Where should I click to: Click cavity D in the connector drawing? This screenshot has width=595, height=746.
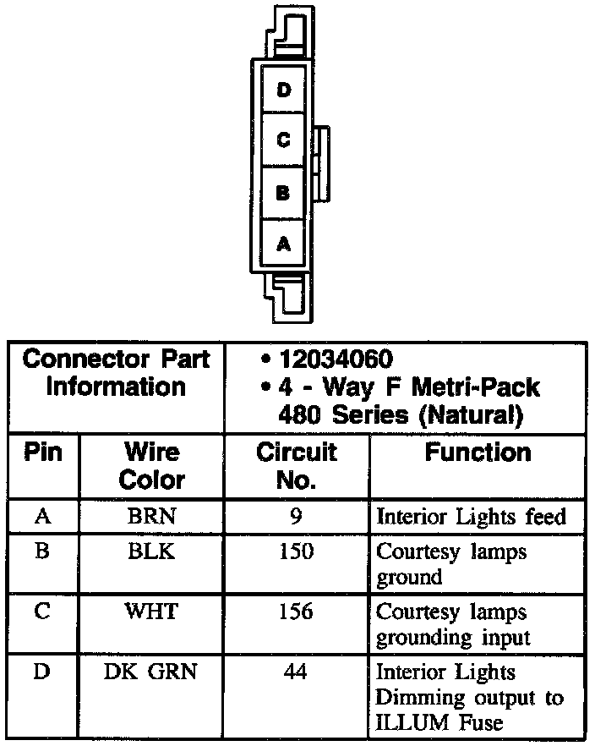(284, 89)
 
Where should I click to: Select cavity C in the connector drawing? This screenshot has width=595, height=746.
(284, 140)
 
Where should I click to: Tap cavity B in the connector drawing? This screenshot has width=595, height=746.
(284, 193)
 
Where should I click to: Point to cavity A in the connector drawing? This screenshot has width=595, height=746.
(284, 244)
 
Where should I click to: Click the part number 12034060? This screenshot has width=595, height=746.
(334, 359)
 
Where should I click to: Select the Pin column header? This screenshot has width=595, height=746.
(43, 452)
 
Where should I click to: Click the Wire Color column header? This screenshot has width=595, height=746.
(151, 465)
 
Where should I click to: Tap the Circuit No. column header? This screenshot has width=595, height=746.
(296, 465)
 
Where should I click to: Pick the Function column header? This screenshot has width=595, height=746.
(478, 452)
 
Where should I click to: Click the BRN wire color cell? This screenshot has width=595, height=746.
(151, 516)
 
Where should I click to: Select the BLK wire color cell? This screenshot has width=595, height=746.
(151, 551)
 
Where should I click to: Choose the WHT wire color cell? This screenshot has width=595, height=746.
(151, 611)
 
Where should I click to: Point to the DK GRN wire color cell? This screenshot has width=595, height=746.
(151, 672)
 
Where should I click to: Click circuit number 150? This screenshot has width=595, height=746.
(296, 551)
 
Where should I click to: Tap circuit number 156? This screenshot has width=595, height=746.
(296, 611)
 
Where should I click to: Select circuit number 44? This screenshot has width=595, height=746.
(296, 672)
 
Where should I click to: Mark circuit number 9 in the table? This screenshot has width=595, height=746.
(296, 516)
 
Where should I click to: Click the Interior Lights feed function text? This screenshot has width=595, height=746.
(471, 516)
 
